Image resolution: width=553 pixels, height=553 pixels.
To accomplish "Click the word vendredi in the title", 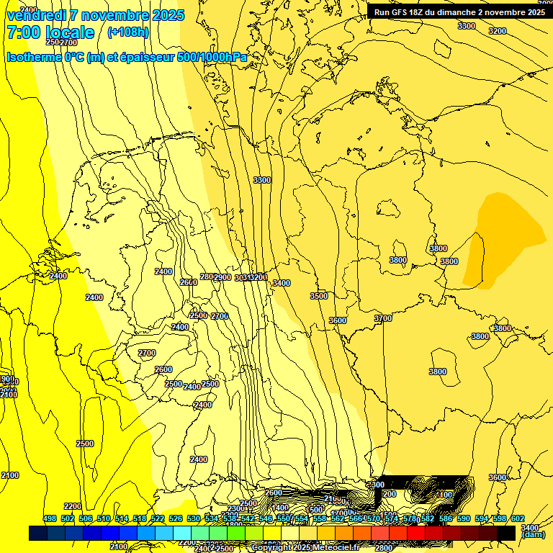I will (38, 15).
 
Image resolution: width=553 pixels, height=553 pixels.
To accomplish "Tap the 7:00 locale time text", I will (50, 32).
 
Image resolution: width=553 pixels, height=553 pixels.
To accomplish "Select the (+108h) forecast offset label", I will (128, 32).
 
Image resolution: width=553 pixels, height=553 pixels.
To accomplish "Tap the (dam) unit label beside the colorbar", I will (533, 534).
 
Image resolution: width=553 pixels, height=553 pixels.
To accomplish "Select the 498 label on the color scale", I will (50, 518).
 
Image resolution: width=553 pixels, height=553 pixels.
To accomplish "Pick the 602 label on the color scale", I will (518, 518).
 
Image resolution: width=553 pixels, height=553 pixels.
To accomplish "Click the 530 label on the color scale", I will (194, 518).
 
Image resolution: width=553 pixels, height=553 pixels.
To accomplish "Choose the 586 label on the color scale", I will (446, 518).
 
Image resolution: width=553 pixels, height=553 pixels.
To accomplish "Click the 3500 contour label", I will (318, 296).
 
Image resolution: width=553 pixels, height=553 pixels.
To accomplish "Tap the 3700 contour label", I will (383, 318).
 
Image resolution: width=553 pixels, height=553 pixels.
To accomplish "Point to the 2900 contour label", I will (222, 277).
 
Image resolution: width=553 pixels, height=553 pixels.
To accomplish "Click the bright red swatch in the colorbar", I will (416, 533).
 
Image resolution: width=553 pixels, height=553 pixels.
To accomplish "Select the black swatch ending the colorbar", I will (506, 533).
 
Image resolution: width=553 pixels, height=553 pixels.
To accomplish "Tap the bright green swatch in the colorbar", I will (236, 533).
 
